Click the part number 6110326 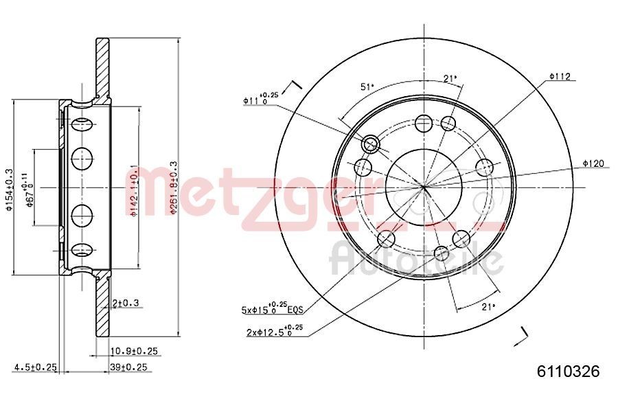[568, 371]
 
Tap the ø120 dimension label [593, 163]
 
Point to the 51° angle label [367, 87]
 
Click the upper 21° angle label [450, 79]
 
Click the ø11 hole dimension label [260, 99]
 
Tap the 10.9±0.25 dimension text [134, 351]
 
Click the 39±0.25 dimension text [129, 367]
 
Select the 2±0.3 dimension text [126, 303]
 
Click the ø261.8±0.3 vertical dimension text [174, 189]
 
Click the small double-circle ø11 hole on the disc [371, 144]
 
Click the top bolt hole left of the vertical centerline [424, 124]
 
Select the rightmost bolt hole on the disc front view [485, 167]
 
